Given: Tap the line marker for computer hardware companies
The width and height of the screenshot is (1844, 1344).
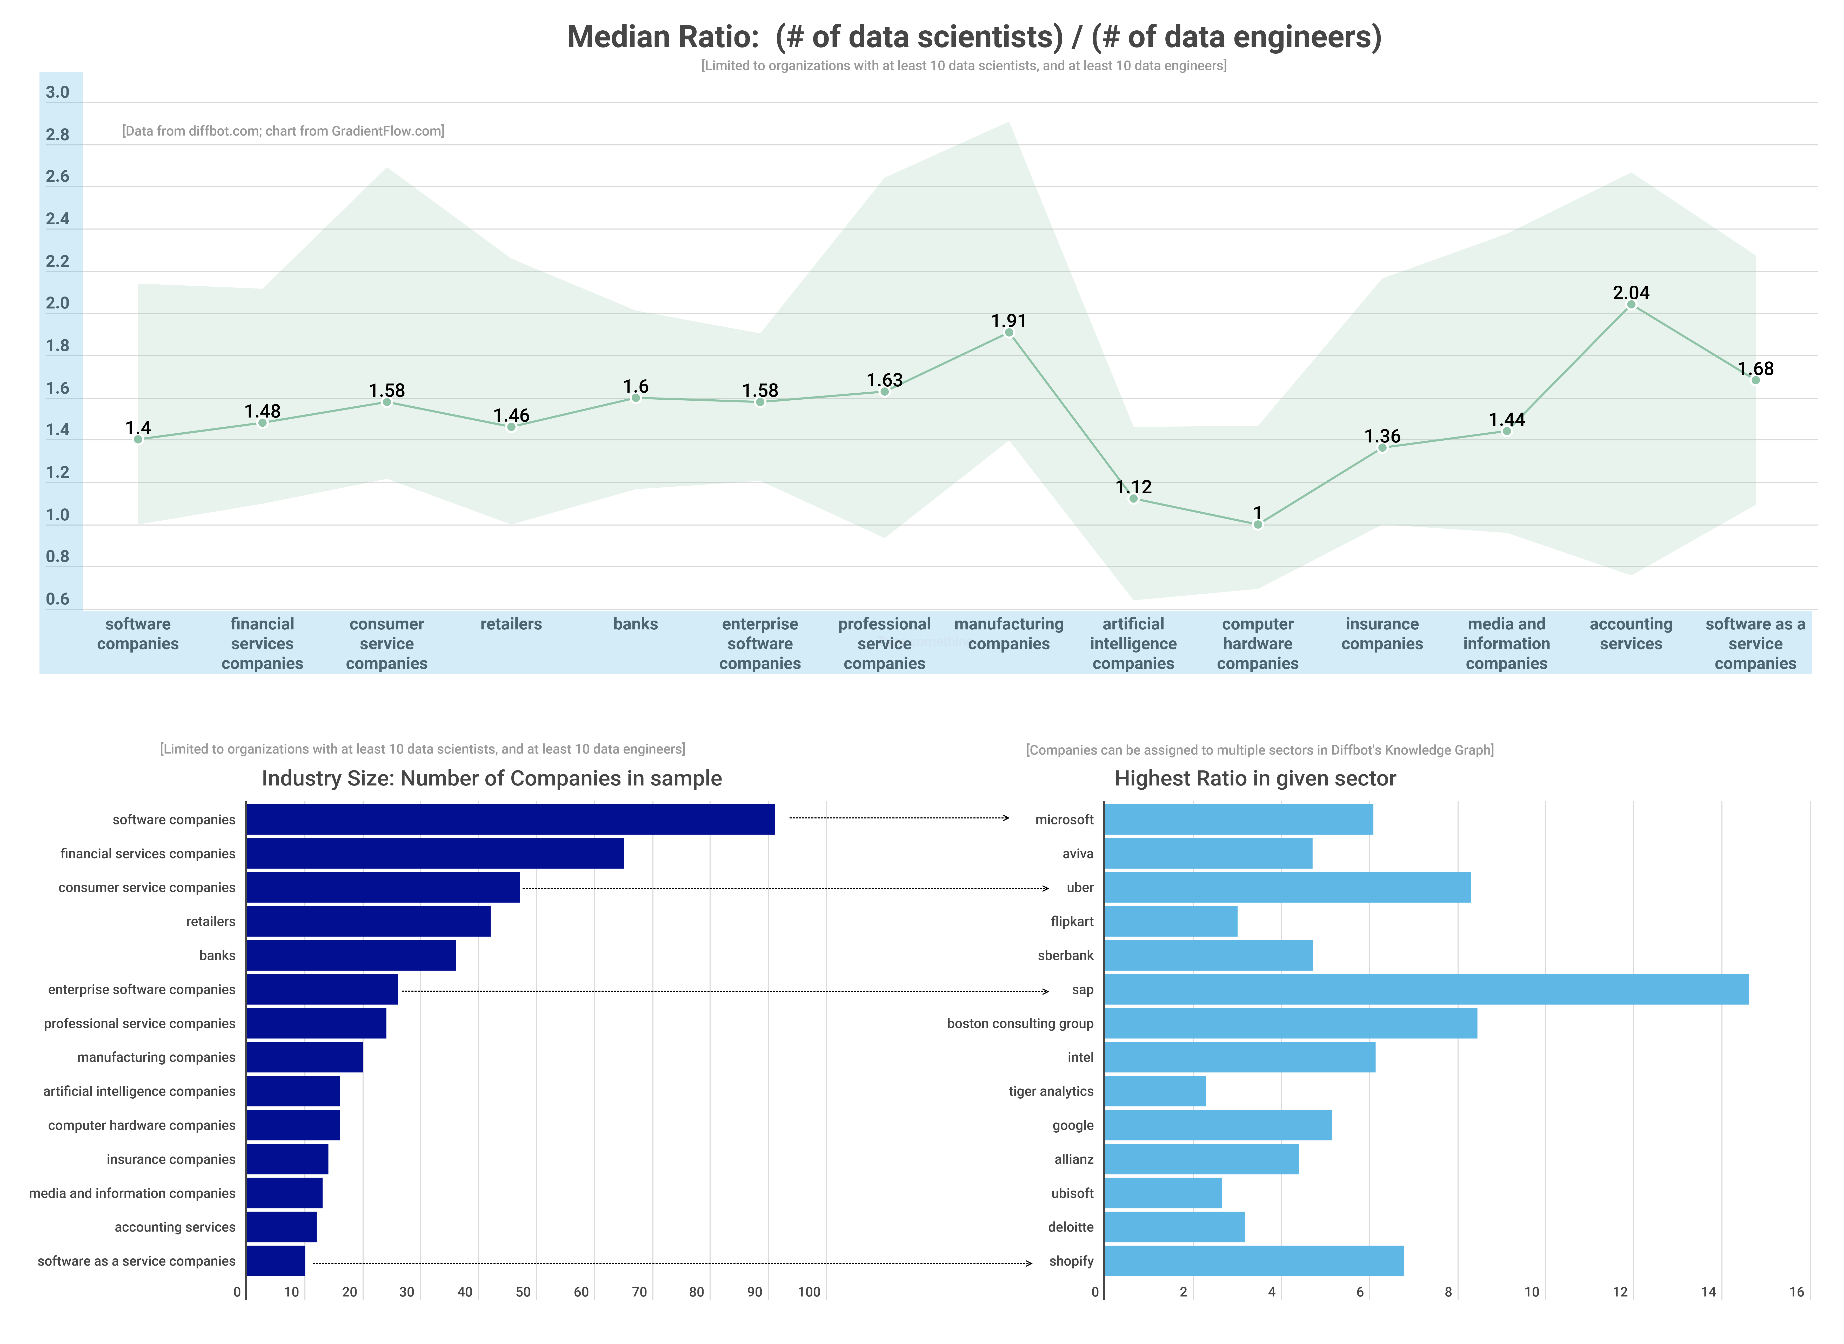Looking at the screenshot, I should (1257, 525).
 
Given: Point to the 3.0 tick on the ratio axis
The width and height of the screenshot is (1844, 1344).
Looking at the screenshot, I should (58, 92).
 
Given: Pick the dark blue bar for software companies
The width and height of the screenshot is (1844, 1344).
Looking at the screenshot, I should (510, 819).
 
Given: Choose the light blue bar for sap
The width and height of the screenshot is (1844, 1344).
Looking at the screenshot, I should (1426, 989).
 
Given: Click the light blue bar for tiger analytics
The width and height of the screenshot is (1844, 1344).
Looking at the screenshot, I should (1155, 1091).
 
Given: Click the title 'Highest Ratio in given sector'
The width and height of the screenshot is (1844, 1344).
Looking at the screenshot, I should (1255, 778).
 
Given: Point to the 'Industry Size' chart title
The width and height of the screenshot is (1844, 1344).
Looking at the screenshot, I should (491, 778).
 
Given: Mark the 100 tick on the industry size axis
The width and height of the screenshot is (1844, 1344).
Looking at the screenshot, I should (809, 1292).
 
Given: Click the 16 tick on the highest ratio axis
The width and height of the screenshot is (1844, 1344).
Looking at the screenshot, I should (1796, 1292).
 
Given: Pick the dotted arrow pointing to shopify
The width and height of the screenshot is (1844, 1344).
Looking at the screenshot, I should (672, 1263).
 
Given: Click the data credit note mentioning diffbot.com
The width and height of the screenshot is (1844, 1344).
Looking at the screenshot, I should (283, 131).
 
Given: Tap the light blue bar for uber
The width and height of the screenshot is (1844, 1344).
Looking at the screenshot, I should (1287, 888).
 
